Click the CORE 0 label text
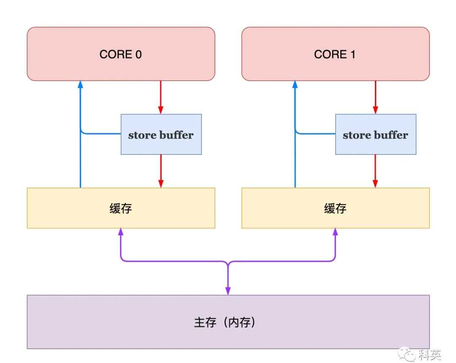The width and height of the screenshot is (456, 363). click(121, 54)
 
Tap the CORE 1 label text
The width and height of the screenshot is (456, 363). click(335, 54)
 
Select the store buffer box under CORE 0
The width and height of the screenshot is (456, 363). click(161, 135)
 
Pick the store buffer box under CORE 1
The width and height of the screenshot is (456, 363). click(375, 135)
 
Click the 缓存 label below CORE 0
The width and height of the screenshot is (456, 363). click(121, 209)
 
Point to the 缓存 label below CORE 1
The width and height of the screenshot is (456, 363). click(335, 209)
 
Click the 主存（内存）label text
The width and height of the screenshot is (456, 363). click(228, 322)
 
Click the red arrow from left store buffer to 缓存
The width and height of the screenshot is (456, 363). click(161, 171)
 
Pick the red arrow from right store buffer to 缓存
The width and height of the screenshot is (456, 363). click(375, 171)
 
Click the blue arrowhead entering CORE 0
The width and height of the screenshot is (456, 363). click(80, 84)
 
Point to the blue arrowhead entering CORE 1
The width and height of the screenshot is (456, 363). click(295, 84)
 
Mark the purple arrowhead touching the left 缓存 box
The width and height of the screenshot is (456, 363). click(121, 232)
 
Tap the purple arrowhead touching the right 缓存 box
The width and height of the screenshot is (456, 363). click(335, 232)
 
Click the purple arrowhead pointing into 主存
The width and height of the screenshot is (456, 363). click(228, 291)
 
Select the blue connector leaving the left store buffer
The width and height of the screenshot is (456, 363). click(101, 134)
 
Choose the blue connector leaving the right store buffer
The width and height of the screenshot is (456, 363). click(316, 134)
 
